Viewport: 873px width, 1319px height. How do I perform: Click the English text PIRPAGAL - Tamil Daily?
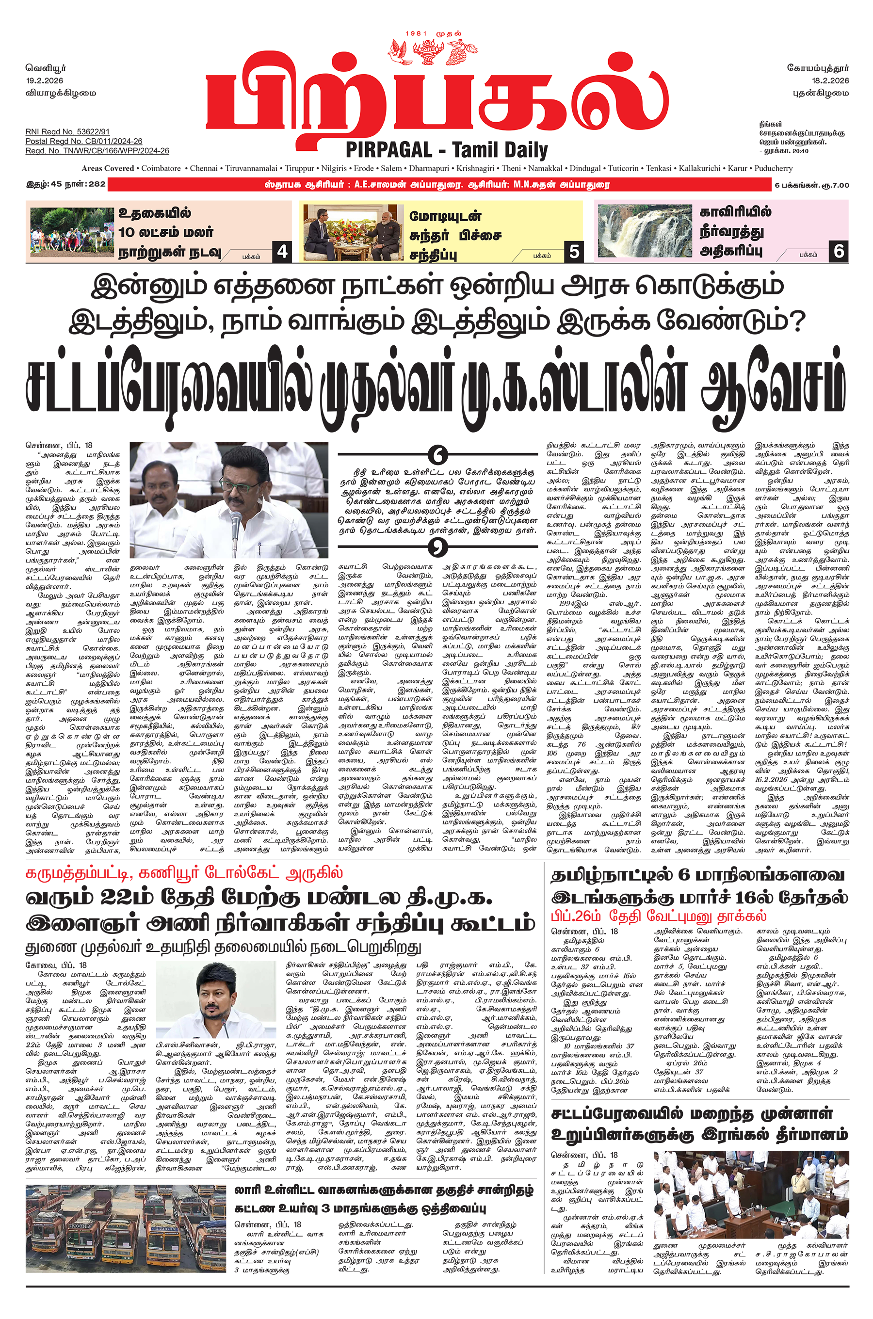(x=447, y=150)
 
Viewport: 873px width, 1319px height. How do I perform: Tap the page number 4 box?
(x=282, y=252)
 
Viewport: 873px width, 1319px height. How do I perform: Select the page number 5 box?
(x=574, y=252)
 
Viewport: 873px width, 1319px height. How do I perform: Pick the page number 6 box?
(x=839, y=252)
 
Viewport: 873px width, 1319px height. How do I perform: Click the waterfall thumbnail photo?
(x=644, y=230)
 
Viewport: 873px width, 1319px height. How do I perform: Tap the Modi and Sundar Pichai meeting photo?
(x=354, y=231)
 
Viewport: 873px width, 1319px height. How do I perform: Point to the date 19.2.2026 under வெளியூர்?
(x=45, y=80)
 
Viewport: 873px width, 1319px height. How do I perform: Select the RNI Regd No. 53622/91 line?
(x=67, y=132)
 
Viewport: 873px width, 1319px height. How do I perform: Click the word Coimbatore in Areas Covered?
(x=161, y=169)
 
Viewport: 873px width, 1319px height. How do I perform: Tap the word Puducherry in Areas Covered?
(x=774, y=169)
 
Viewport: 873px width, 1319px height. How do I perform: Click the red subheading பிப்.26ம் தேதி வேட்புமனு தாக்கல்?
(x=659, y=916)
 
